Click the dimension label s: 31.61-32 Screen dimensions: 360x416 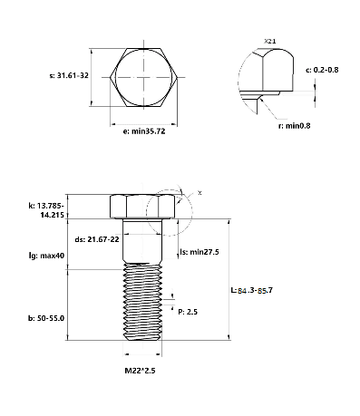(x=69, y=75)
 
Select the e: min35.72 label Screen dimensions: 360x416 (x=144, y=131)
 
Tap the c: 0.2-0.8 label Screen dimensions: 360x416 (x=322, y=70)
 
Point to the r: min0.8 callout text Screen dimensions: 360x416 (x=294, y=126)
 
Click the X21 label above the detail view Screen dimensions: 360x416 (x=270, y=41)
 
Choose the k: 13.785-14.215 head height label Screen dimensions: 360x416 (x=46, y=210)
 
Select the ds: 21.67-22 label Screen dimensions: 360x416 (x=97, y=239)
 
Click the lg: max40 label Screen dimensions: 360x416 (x=46, y=256)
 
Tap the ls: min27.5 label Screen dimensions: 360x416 (x=199, y=252)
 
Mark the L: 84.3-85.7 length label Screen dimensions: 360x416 (x=251, y=291)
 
